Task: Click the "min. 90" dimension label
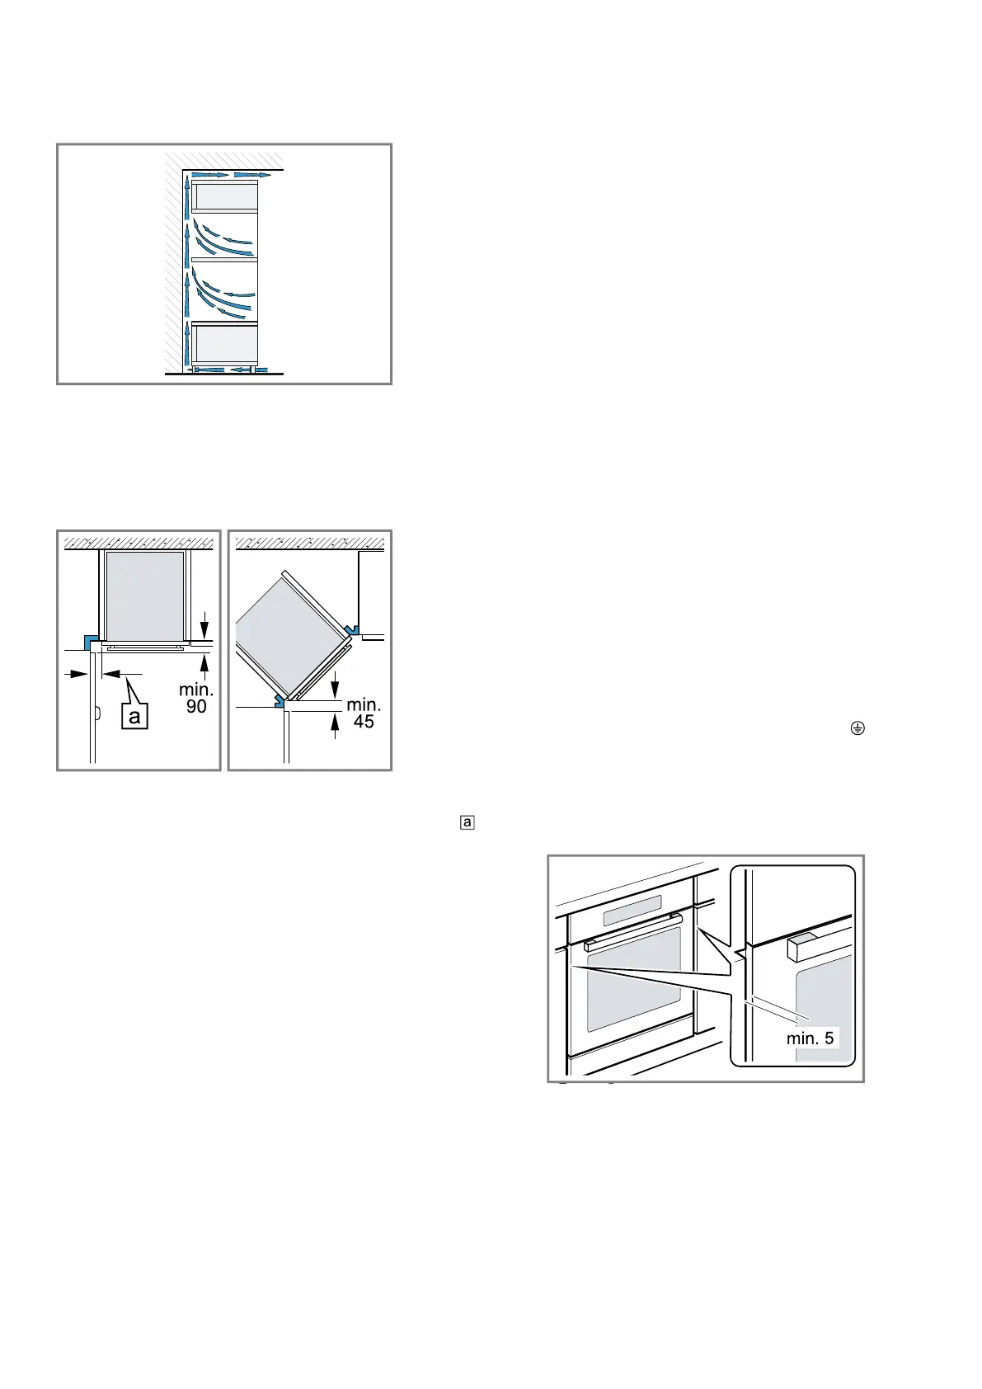(x=196, y=698)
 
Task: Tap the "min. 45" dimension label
(x=364, y=713)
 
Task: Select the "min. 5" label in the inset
(x=810, y=1038)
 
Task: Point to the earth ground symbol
(x=858, y=728)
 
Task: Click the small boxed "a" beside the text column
(x=468, y=822)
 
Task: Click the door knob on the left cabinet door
(x=97, y=713)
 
